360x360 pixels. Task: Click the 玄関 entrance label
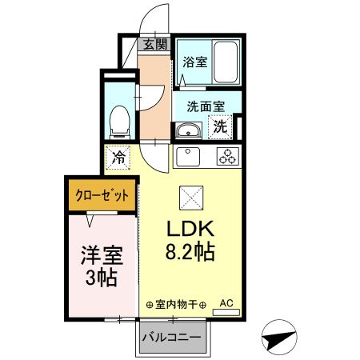(155, 45)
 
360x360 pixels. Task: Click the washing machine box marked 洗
(219, 126)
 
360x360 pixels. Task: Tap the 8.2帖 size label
(190, 254)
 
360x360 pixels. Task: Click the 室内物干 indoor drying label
(176, 305)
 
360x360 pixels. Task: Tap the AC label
(226, 303)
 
